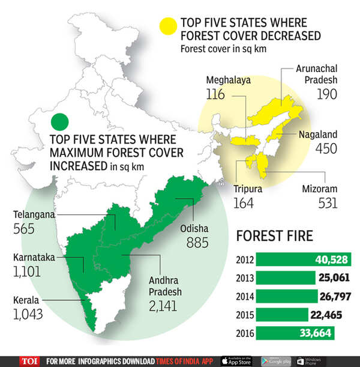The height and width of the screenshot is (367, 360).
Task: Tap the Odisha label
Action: pyautogui.click(x=194, y=229)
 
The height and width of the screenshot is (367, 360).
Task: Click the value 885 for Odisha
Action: pyautogui.click(x=197, y=243)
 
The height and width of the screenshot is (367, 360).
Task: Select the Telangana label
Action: pyautogui.click(x=29, y=214)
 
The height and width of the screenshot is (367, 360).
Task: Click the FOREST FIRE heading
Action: pyautogui.click(x=275, y=235)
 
